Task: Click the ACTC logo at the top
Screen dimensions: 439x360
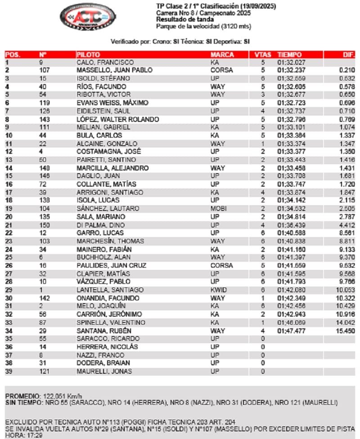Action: [x=85, y=17]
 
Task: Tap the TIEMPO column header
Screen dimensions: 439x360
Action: [x=289, y=54]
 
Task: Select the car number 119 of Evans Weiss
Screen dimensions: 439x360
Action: [x=44, y=103]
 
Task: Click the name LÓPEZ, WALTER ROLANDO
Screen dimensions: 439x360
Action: [x=118, y=119]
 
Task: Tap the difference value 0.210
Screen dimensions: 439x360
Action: [x=347, y=70]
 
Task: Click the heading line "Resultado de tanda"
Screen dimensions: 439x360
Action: [x=181, y=19]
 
